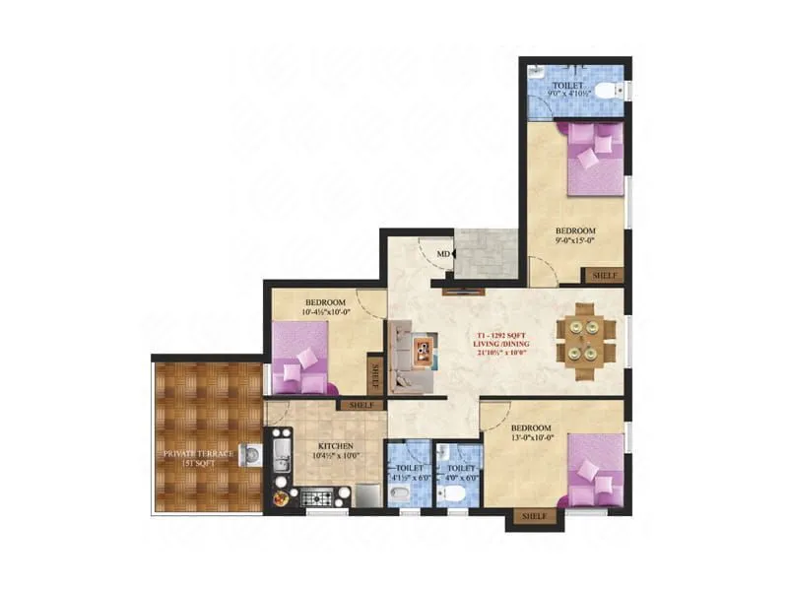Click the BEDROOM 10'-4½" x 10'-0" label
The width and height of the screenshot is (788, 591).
(325, 307)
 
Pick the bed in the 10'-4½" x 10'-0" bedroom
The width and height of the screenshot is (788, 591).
(304, 359)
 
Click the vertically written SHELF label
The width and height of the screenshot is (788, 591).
(374, 375)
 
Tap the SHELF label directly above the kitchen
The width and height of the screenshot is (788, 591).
(360, 404)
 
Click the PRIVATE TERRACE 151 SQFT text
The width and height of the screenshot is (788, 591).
(198, 457)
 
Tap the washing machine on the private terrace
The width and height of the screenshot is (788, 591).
(253, 456)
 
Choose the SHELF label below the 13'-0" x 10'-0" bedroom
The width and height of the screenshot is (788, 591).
(533, 516)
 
